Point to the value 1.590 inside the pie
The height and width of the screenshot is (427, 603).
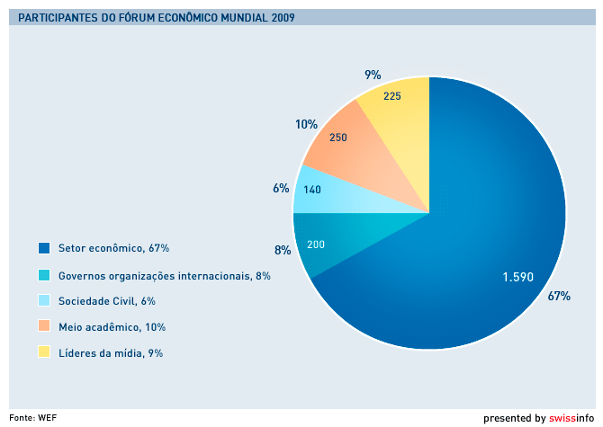point(517,277)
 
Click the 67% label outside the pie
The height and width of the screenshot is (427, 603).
point(559,296)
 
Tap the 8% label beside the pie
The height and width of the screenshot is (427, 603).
point(283,250)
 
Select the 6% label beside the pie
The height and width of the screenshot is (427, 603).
point(281,189)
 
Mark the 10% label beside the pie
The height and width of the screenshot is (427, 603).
point(306,125)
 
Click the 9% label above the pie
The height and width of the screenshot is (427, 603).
point(373,75)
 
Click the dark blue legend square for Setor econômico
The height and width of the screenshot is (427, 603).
point(43,247)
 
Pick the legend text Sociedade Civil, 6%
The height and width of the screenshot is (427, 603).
point(112,301)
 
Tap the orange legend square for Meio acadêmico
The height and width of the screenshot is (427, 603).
point(43,326)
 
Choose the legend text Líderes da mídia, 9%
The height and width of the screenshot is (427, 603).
point(110,353)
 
